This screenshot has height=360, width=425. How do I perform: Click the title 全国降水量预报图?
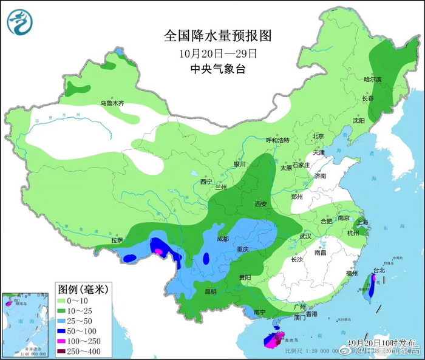pos(217,36)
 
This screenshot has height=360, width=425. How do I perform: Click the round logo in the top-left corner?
pos(19,21)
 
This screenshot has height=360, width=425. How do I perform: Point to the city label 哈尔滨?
pos(372,80)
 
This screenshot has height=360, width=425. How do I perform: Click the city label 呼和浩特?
pos(277,140)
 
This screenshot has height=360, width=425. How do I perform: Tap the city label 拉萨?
pos(117,240)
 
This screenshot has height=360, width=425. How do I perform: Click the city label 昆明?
pos(210,291)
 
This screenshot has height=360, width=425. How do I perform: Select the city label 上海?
pos(364,222)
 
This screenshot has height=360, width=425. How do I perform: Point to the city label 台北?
pos(378,270)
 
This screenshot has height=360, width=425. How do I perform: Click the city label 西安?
pos(261,204)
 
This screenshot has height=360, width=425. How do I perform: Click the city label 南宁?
pos(260,312)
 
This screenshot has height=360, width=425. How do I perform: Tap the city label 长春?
pos(368,98)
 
